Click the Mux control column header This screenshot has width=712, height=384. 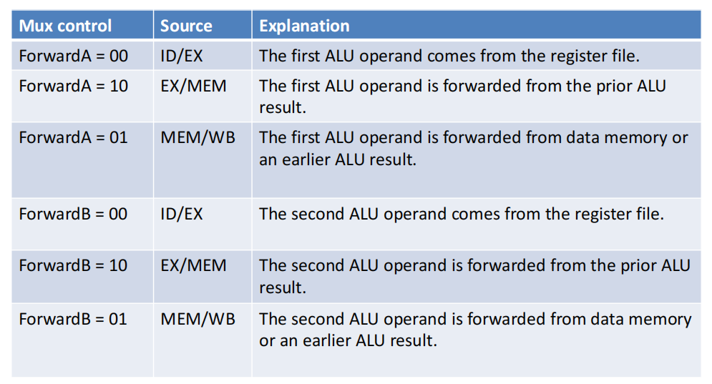click(65, 26)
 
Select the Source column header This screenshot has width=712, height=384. click(186, 26)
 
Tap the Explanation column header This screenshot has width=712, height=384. click(304, 26)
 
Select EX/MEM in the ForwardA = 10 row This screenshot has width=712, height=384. click(193, 87)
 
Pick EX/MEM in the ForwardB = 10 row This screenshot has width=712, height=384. click(193, 266)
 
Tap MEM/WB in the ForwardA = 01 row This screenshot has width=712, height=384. click(198, 138)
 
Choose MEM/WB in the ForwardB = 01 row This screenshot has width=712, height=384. click(198, 320)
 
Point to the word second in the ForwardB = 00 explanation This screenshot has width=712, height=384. click(318, 214)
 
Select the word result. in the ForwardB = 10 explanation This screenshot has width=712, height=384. click(283, 287)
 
